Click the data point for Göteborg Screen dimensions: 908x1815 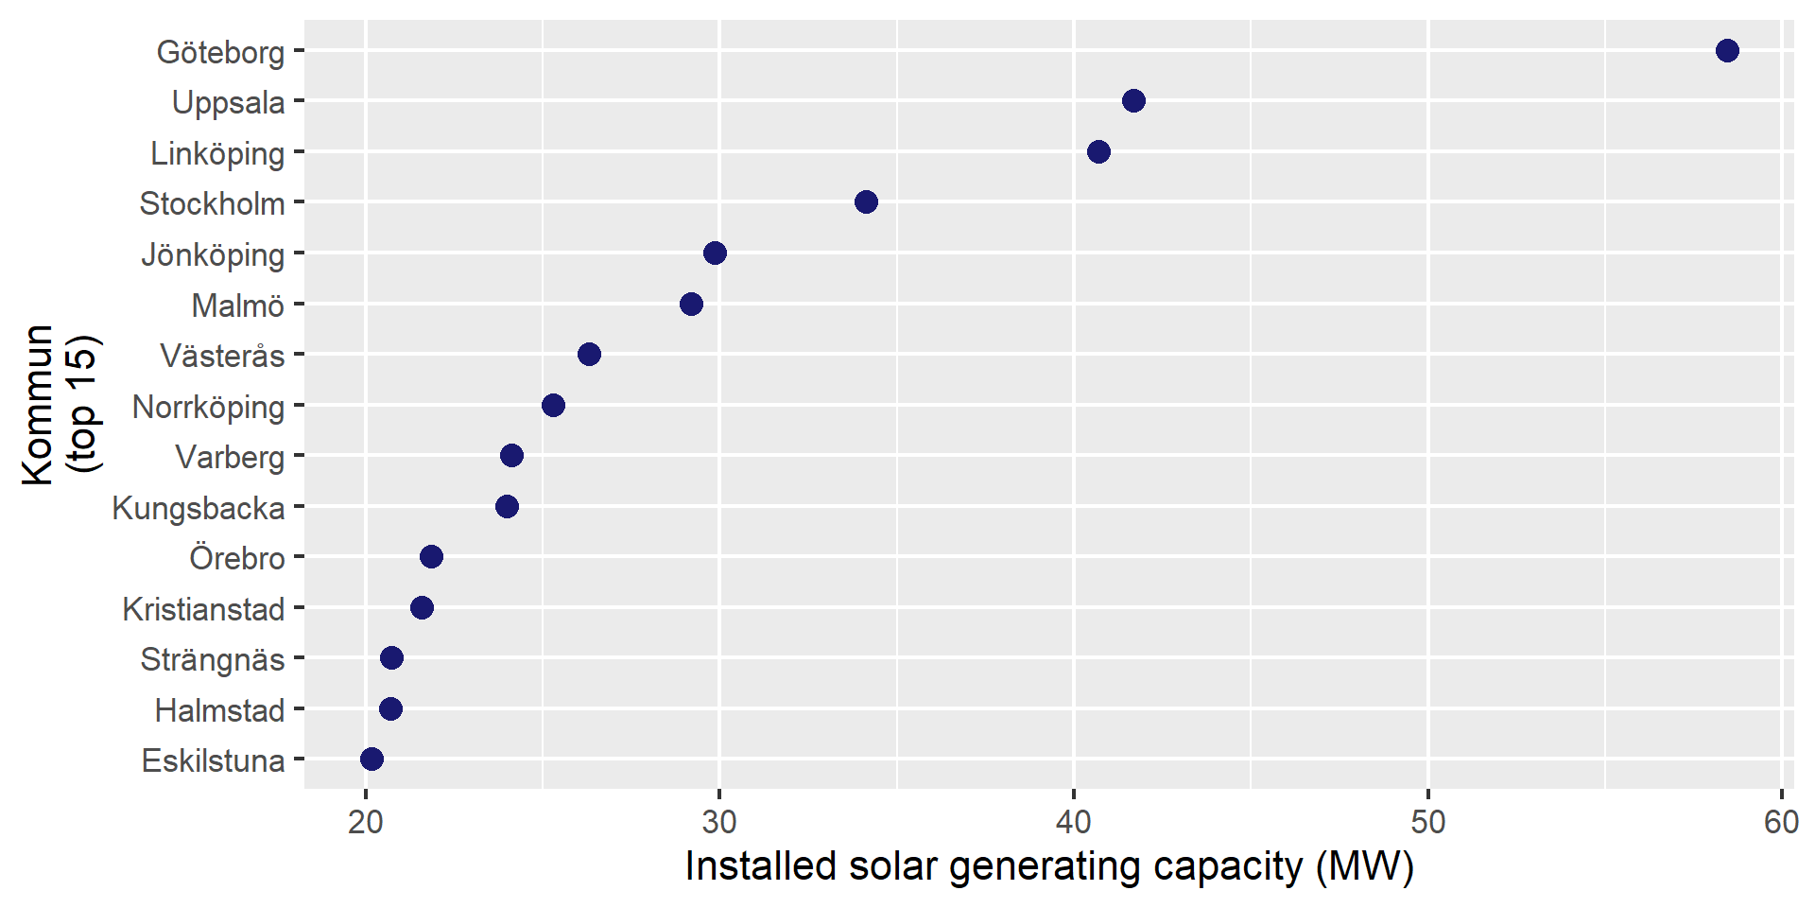[1727, 50]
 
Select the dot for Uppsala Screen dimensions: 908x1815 [1133, 101]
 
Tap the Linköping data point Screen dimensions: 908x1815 [1098, 151]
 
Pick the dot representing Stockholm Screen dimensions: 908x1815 [866, 201]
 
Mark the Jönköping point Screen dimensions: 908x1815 [715, 253]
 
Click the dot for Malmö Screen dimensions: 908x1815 [691, 304]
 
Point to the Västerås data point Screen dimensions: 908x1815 [589, 355]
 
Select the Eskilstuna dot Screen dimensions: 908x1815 [372, 759]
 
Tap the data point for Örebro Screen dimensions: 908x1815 [431, 556]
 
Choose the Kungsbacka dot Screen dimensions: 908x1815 [507, 506]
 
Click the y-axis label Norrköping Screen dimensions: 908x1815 [208, 407]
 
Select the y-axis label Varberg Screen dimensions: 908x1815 [230, 457]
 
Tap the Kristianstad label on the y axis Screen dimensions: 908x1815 [203, 608]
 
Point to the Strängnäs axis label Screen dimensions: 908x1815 [213, 659]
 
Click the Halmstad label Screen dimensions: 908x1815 [219, 709]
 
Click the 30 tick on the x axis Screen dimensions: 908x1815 [719, 821]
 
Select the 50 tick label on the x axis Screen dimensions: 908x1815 [1427, 821]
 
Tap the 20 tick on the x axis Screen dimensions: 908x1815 [366, 821]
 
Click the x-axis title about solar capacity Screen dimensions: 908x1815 [1049, 866]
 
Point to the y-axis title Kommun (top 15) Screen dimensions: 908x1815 [62, 405]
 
